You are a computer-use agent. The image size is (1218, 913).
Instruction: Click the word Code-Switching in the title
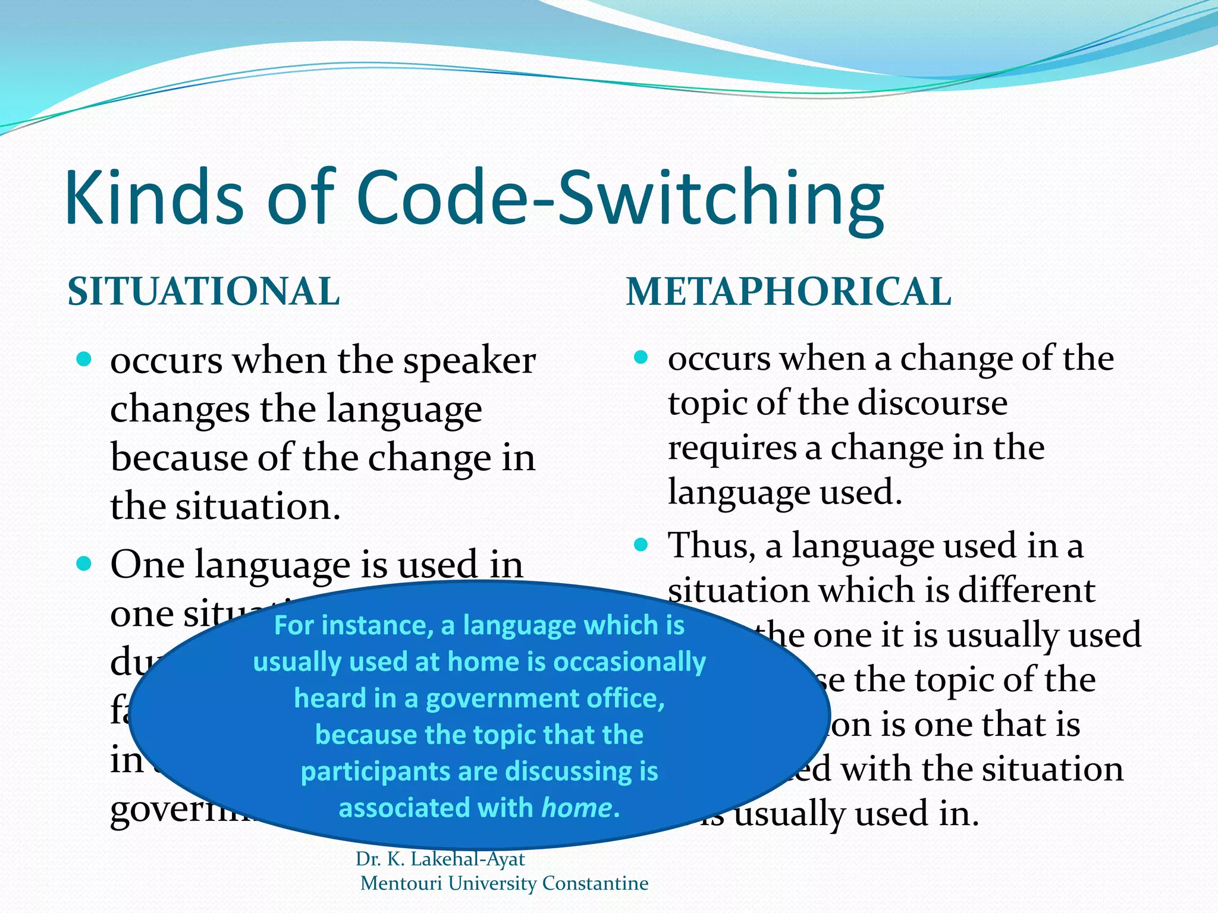[x=621, y=199]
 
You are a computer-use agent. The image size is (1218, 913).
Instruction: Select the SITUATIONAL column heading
[x=204, y=292]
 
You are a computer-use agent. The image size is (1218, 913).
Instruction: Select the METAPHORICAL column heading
[x=789, y=292]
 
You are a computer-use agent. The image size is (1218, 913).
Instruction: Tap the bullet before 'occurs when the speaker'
[x=84, y=359]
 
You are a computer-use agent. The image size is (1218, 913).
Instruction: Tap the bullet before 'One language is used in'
[x=84, y=563]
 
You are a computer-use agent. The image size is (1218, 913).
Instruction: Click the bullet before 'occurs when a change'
[x=641, y=357]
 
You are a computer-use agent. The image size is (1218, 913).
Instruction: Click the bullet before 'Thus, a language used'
[x=641, y=544]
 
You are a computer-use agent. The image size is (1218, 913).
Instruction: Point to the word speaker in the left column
[x=470, y=361]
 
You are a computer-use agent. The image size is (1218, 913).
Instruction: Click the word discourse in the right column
[x=932, y=403]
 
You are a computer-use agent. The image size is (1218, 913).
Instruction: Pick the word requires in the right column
[x=732, y=448]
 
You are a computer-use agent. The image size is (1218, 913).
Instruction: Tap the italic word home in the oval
[x=576, y=808]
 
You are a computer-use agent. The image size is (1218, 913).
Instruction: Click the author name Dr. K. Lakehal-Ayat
[x=440, y=859]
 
